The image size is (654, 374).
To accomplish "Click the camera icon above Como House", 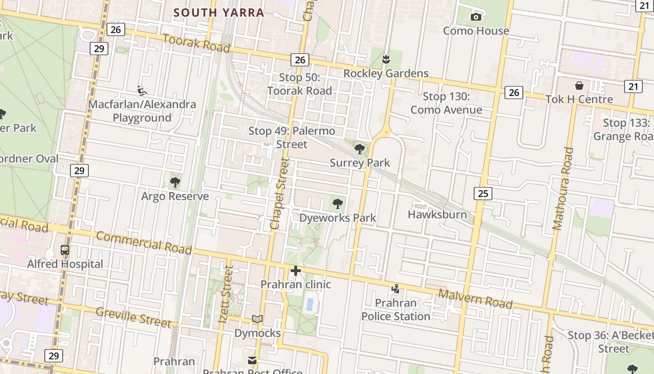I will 476,17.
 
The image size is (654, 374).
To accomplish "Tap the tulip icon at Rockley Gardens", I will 386,59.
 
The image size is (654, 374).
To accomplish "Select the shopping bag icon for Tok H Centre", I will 579,86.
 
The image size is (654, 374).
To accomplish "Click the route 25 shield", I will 483,193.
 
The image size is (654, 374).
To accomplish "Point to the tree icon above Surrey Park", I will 360,149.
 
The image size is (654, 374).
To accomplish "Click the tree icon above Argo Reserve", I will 175,182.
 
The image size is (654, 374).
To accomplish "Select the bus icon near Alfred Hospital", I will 65,250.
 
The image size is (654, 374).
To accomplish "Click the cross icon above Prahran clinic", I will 295,271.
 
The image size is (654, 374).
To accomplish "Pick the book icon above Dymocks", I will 257,319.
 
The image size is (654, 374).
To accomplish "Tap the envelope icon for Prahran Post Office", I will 252,360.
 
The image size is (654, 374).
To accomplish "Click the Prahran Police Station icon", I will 396,289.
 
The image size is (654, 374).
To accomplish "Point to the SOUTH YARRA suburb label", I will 219,13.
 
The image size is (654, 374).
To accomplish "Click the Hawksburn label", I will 437,215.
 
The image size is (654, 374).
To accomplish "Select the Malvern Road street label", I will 475,299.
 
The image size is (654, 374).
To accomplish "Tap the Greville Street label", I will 133,317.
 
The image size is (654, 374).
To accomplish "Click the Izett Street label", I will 226,295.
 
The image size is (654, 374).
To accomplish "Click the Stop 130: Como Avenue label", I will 446,103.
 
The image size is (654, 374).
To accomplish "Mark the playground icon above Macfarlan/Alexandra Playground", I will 142,90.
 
